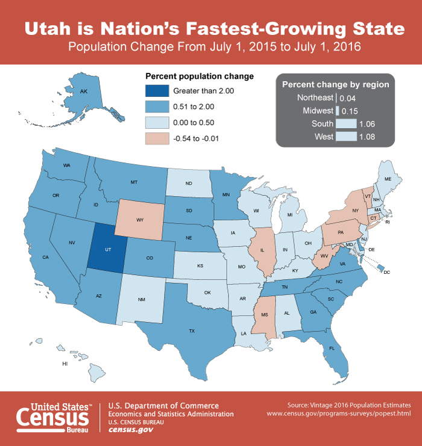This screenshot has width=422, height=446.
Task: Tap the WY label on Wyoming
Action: point(140,220)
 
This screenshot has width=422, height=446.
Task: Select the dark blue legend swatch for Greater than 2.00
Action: point(156,90)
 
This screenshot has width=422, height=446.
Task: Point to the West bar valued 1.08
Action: point(345,137)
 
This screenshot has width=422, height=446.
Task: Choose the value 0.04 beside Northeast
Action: point(347,98)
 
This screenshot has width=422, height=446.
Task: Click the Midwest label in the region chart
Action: point(318,111)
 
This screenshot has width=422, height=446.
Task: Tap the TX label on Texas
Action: point(192,331)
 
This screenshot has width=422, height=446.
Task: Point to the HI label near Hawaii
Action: point(65,364)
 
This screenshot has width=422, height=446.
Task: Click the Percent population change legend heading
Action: point(200,76)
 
